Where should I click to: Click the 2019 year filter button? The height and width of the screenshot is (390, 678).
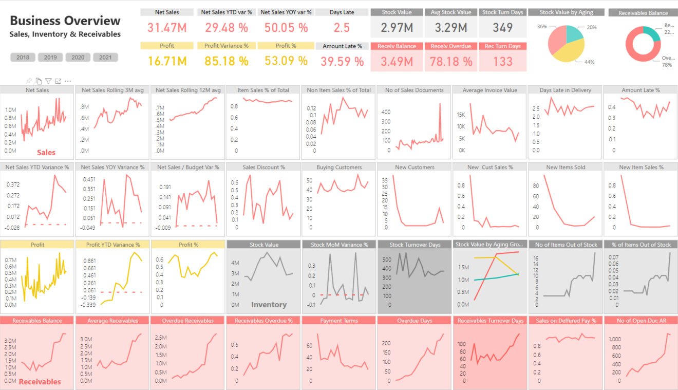click(x=50, y=58)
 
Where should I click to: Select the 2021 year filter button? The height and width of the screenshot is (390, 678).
click(x=105, y=58)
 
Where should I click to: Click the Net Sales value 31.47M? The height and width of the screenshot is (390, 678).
click(x=167, y=28)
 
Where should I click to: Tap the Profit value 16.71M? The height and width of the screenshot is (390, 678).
click(x=167, y=62)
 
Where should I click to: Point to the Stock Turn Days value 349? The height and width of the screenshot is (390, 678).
click(x=502, y=28)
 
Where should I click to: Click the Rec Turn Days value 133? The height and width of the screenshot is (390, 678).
click(x=502, y=62)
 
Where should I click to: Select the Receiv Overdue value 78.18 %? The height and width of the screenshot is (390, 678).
click(x=451, y=62)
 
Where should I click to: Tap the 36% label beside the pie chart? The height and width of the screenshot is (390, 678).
click(x=542, y=26)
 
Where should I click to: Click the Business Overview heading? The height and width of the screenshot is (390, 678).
click(x=65, y=21)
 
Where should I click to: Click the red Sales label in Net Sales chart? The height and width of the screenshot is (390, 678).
click(x=46, y=152)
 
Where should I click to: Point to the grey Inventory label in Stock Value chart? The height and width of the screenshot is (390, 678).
click(x=269, y=305)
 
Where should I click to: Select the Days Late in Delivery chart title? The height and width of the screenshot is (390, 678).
click(x=566, y=90)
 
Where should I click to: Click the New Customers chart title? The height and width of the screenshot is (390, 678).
click(x=415, y=167)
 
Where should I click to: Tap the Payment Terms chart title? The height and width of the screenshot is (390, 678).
click(x=338, y=321)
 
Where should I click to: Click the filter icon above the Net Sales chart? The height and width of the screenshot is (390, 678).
click(x=48, y=81)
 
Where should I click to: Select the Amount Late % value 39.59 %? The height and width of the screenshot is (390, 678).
click(x=342, y=62)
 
